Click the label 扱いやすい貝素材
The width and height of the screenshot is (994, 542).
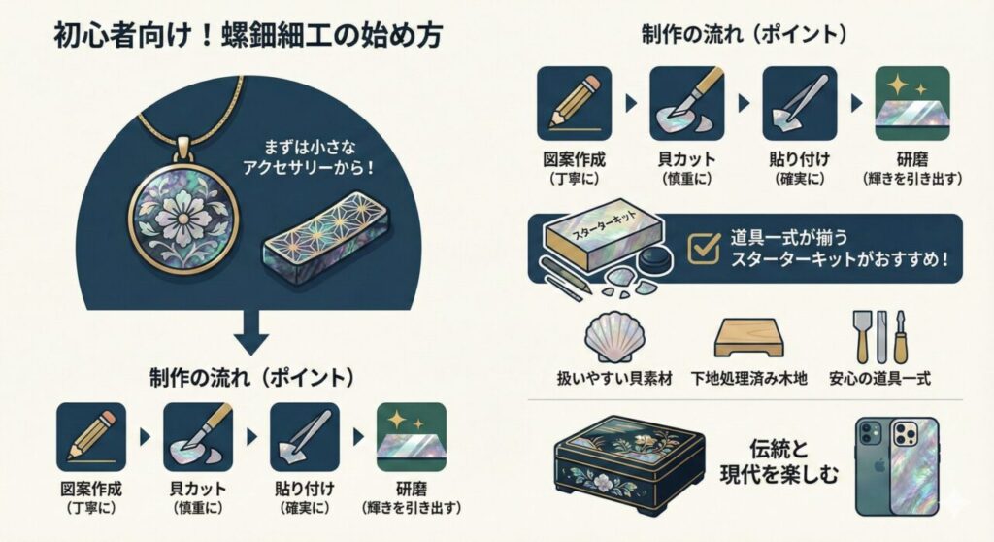[x=612, y=378]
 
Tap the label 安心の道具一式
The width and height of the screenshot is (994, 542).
[x=879, y=378]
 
